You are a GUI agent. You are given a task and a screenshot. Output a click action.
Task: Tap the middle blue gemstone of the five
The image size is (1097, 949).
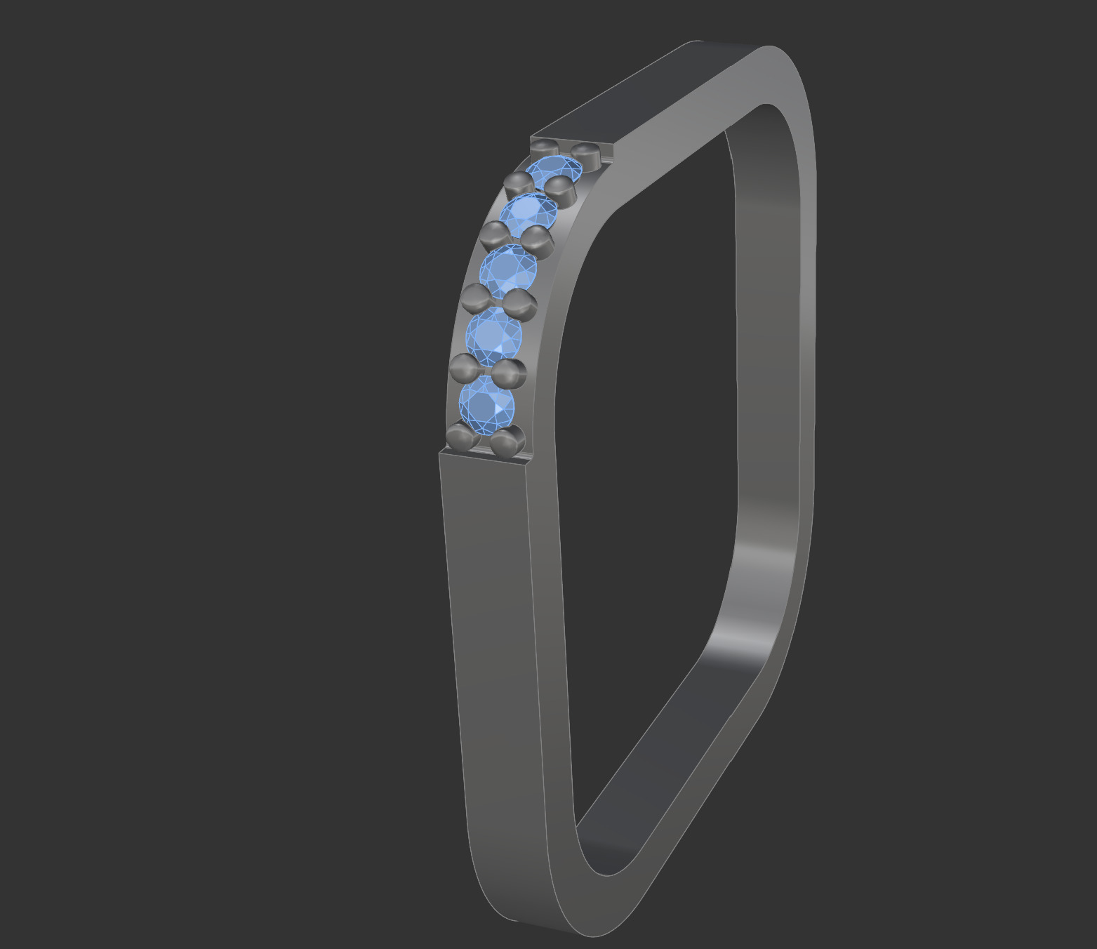(508, 267)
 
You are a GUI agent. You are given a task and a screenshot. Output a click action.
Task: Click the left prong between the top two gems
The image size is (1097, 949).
(518, 185)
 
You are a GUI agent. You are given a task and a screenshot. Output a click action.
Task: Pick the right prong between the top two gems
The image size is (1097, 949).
(560, 189)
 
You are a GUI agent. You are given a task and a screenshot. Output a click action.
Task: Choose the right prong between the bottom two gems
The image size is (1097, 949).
(509, 373)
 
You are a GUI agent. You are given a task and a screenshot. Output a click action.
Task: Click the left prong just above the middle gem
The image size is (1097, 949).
(496, 234)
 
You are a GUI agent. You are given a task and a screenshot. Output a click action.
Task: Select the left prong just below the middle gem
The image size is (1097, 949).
(477, 297)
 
